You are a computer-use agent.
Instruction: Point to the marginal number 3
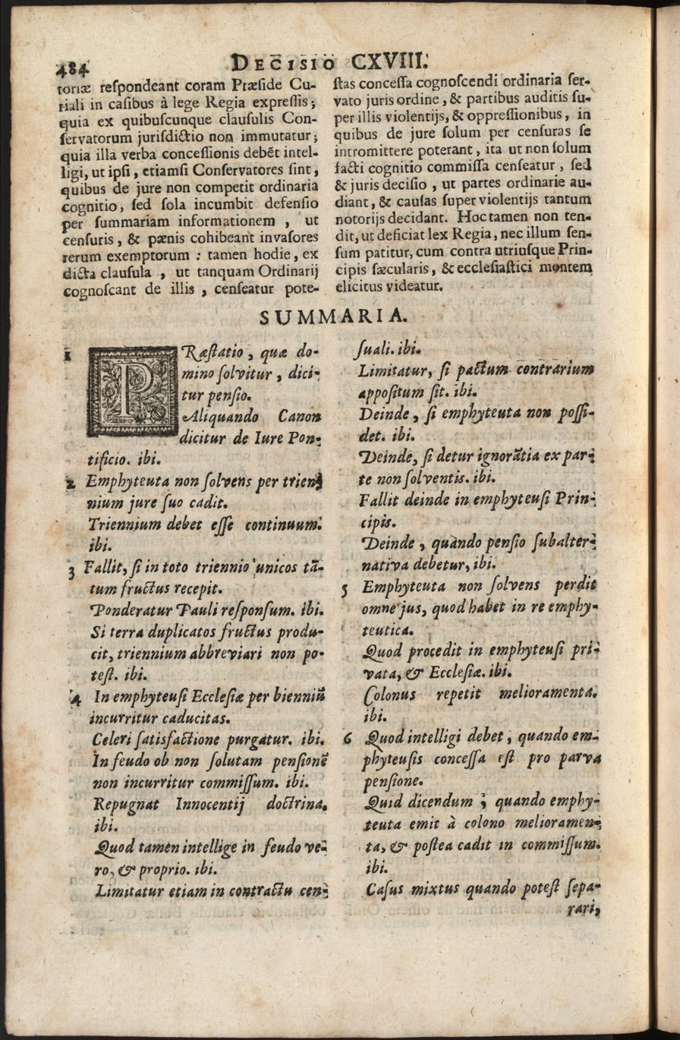[x=71, y=572]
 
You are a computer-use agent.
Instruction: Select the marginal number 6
[x=346, y=736]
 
